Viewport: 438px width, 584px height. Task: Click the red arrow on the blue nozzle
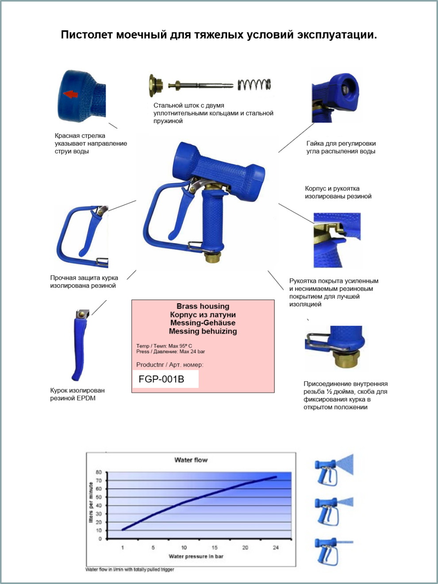coord(71,94)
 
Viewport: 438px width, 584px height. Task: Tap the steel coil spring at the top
coord(254,84)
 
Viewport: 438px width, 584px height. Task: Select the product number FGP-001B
coord(161,379)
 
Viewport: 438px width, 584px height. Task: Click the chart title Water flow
coord(191,460)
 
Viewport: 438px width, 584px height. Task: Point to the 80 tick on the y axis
coord(99,472)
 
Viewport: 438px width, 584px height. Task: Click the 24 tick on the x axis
coord(276,548)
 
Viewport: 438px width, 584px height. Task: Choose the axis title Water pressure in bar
coord(196,556)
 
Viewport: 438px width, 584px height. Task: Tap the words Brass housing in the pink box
coord(203,306)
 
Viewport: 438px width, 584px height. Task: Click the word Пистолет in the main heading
coord(87,35)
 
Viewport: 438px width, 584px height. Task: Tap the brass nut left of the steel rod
coord(156,85)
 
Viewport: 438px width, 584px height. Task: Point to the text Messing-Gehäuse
coord(203,323)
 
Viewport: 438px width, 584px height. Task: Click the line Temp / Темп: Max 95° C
coord(164,346)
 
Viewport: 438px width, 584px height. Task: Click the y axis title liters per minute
coord(91,503)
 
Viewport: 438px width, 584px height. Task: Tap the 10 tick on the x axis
coord(184,548)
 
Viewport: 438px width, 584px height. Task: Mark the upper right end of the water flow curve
coord(276,477)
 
